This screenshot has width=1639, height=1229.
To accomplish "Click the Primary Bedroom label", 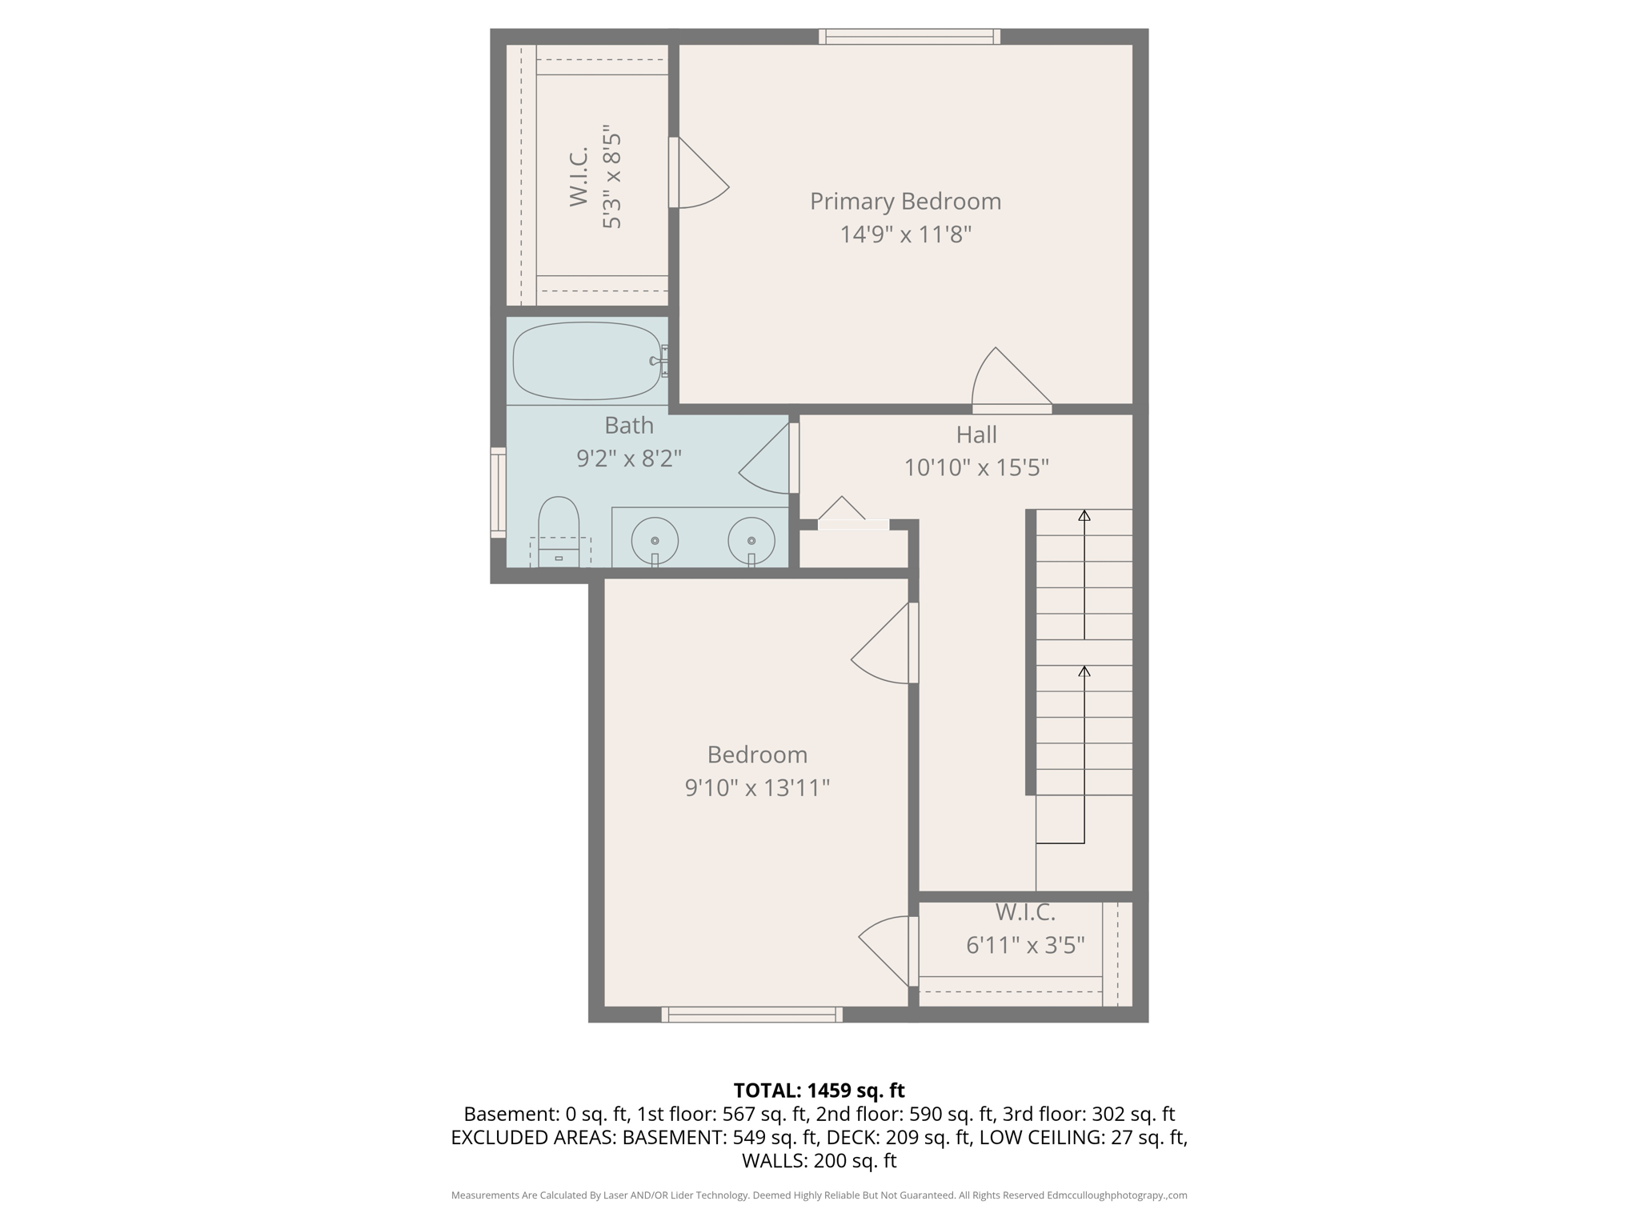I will [905, 201].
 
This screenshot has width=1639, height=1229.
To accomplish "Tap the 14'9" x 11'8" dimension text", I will [905, 234].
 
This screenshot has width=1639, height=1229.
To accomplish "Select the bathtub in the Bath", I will [587, 361].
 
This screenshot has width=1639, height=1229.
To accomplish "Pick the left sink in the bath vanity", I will [655, 540].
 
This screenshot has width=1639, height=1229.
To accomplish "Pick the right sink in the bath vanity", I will [751, 540].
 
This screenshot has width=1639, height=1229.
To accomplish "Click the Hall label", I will [976, 434].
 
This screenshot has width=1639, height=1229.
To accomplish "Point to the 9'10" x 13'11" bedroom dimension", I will [757, 788].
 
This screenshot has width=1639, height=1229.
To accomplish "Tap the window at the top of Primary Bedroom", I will [910, 36].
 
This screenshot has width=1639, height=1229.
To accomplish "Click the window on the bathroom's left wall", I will [498, 492].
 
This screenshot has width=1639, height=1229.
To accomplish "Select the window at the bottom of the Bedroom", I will [752, 1015].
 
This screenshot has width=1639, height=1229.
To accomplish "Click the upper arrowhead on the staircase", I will [1084, 516].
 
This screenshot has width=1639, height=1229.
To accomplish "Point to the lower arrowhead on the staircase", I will [1084, 671].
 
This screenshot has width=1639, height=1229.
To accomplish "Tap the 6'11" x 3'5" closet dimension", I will [1025, 946].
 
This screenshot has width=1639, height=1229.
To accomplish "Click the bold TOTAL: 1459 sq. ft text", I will [819, 1090].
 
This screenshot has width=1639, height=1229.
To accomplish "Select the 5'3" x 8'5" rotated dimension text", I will [611, 177].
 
